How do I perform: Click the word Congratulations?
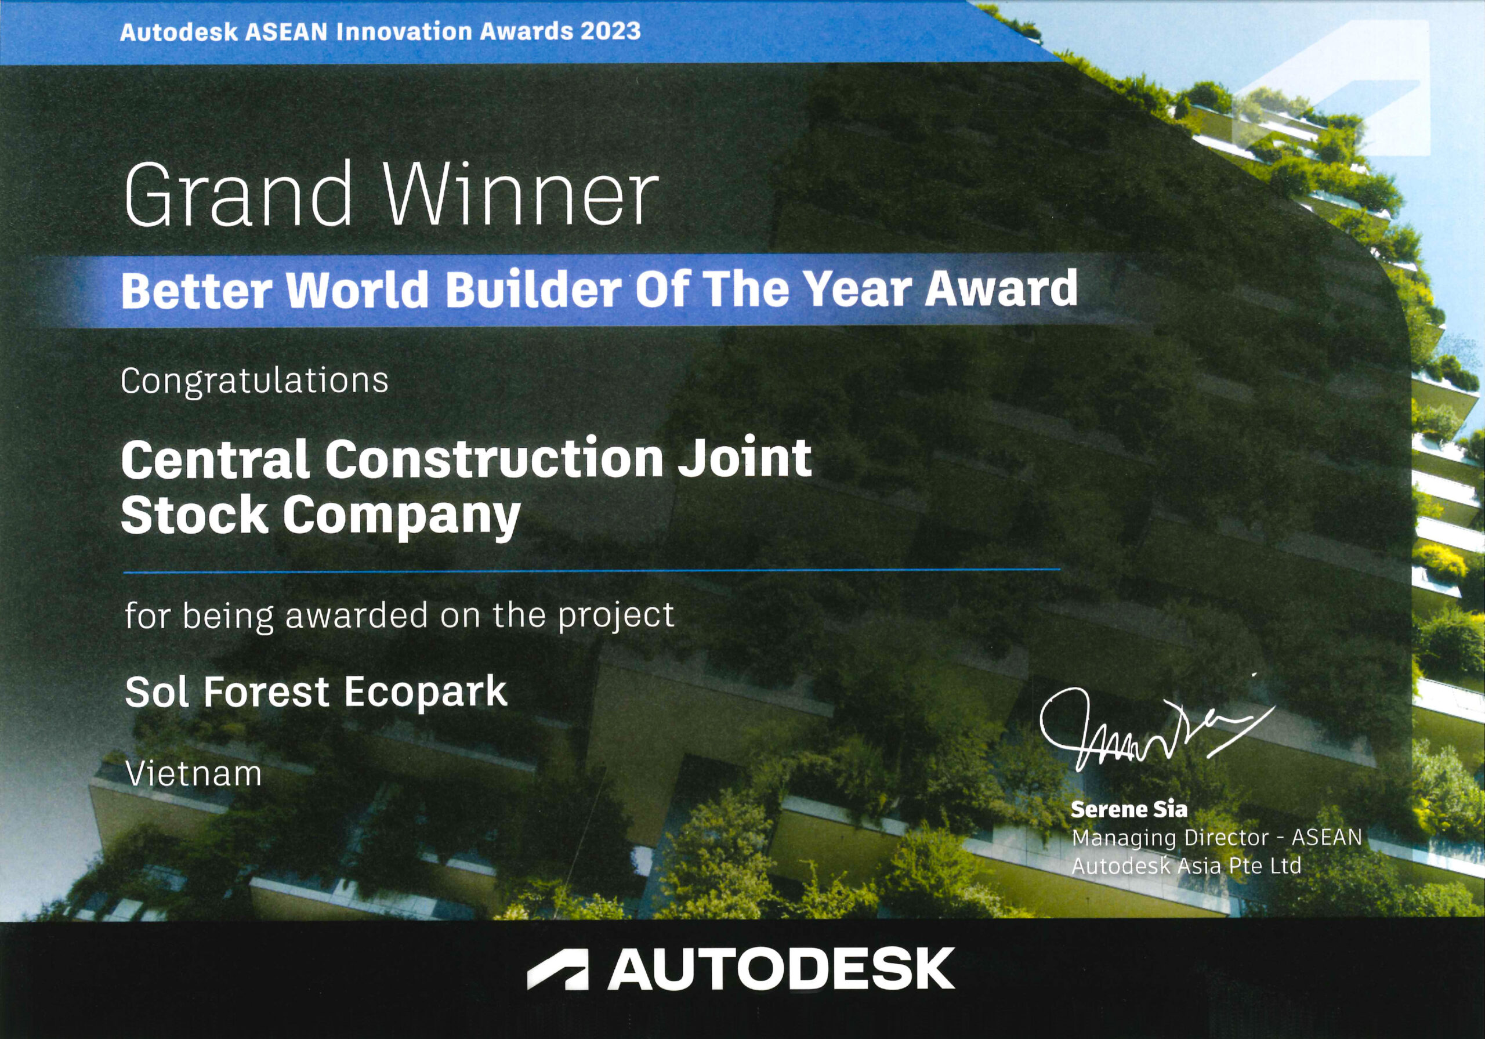[254, 381]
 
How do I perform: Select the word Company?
[401, 517]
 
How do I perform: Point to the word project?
[615, 616]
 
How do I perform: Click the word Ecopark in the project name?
[426, 692]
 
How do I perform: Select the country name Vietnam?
[193, 774]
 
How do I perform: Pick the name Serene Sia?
[1129, 809]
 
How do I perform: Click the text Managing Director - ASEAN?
[1216, 838]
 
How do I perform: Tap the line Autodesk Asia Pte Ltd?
[1186, 866]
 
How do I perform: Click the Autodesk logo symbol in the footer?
[558, 970]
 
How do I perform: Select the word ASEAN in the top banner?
[287, 32]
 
